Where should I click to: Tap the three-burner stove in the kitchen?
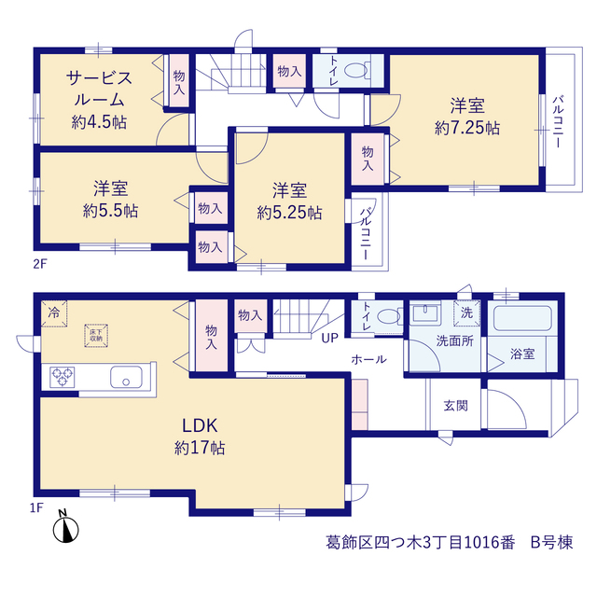tap(62, 377)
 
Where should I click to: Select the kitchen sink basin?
tap(126, 377)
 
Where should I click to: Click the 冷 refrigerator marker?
tap(54, 313)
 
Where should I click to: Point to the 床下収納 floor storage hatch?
tap(96, 336)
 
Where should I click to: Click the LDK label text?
tap(200, 425)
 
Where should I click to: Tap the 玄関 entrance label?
tap(455, 406)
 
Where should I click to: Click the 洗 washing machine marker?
tap(466, 313)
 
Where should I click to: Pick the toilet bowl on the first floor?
tap(389, 316)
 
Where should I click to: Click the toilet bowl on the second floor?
tap(357, 70)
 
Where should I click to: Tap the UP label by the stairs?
tap(329, 338)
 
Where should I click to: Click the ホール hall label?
tap(368, 359)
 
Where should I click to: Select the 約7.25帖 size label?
tap(467, 128)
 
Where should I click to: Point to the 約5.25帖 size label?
tap(289, 213)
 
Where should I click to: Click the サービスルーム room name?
tap(99, 90)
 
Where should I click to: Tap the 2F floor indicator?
tap(40, 263)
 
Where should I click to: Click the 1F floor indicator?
tap(36, 507)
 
